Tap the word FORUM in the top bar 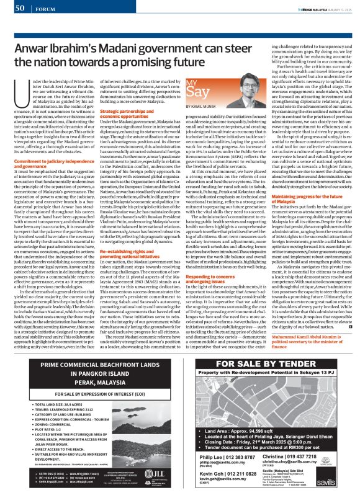point(43,7)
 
